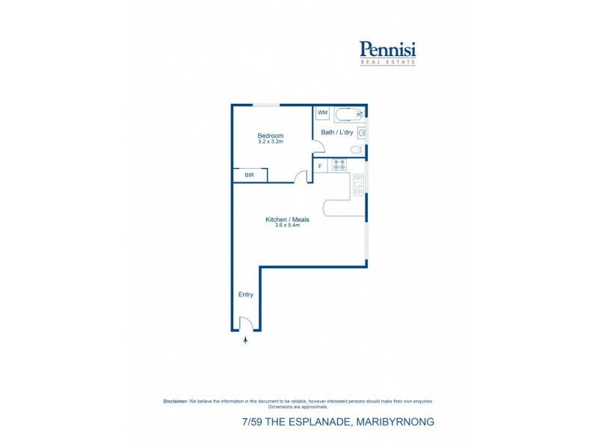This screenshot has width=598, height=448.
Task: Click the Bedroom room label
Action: tap(271, 135)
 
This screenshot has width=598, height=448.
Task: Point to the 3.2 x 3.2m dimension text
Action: tap(271, 141)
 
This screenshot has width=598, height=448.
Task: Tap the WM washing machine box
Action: tap(323, 113)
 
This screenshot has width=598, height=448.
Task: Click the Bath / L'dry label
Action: tap(337, 132)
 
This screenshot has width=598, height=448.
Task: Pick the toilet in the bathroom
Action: tap(357, 150)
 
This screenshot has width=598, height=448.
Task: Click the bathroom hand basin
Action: tap(362, 133)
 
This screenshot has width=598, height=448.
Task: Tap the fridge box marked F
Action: tap(320, 166)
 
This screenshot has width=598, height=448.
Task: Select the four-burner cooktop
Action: tap(339, 165)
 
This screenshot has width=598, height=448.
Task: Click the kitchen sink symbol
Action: tap(359, 184)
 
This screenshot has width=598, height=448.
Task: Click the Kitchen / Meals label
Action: tap(287, 220)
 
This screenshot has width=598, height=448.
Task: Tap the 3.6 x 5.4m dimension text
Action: tap(287, 225)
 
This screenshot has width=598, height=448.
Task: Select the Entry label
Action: tap(246, 294)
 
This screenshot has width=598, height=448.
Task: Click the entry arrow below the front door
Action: tap(246, 340)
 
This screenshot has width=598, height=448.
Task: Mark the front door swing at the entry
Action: tap(245, 323)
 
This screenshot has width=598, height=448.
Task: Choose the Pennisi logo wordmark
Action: tap(387, 49)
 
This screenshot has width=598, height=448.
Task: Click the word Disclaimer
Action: tap(175, 401)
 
